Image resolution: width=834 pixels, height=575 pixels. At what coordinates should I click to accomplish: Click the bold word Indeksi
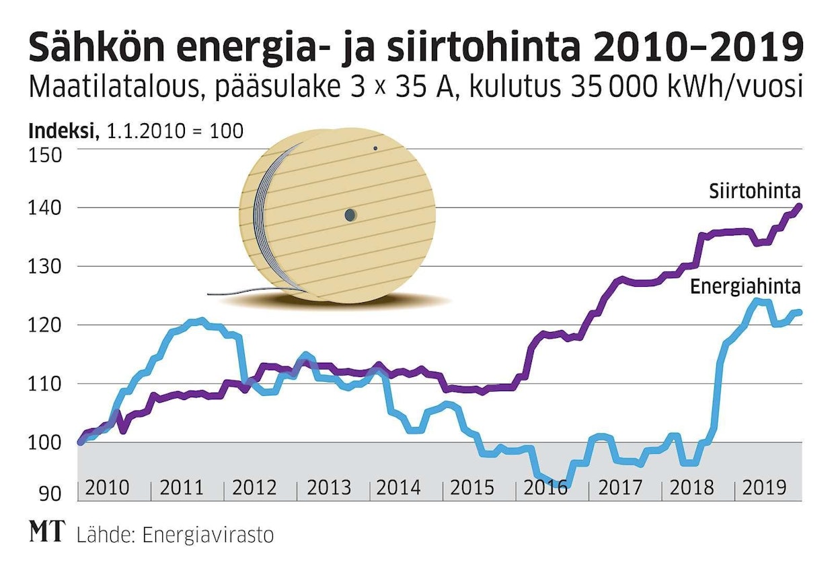coord(60,131)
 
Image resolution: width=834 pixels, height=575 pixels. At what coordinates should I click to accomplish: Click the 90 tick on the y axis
coord(51,494)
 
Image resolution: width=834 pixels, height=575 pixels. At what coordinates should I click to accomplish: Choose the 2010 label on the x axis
coord(108,487)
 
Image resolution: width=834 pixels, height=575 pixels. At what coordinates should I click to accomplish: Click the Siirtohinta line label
coord(754,192)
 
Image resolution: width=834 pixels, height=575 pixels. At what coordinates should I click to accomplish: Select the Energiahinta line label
coord(745,287)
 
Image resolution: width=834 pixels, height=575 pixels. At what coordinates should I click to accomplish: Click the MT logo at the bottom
coord(46,533)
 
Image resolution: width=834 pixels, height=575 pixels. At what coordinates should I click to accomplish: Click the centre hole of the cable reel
coord(350,215)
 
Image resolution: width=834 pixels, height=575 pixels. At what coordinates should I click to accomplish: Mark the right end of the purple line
coord(800,206)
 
